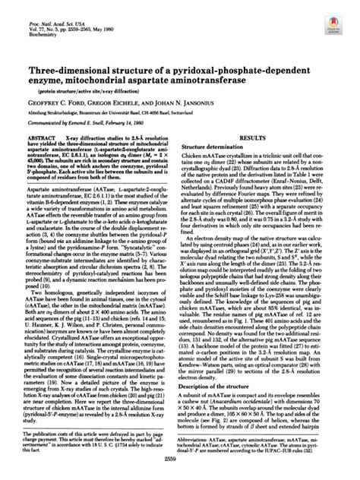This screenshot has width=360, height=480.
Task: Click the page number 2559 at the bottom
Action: point(180,468)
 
